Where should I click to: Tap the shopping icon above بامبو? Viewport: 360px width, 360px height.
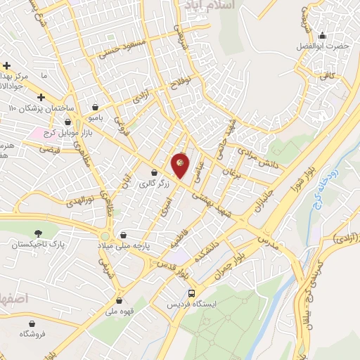click(x=94, y=108)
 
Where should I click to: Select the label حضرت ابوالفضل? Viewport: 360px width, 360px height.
click(x=323, y=46)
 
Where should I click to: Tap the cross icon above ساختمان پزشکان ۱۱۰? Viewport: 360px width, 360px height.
click(x=41, y=96)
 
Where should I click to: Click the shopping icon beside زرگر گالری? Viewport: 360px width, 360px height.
click(x=154, y=173)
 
